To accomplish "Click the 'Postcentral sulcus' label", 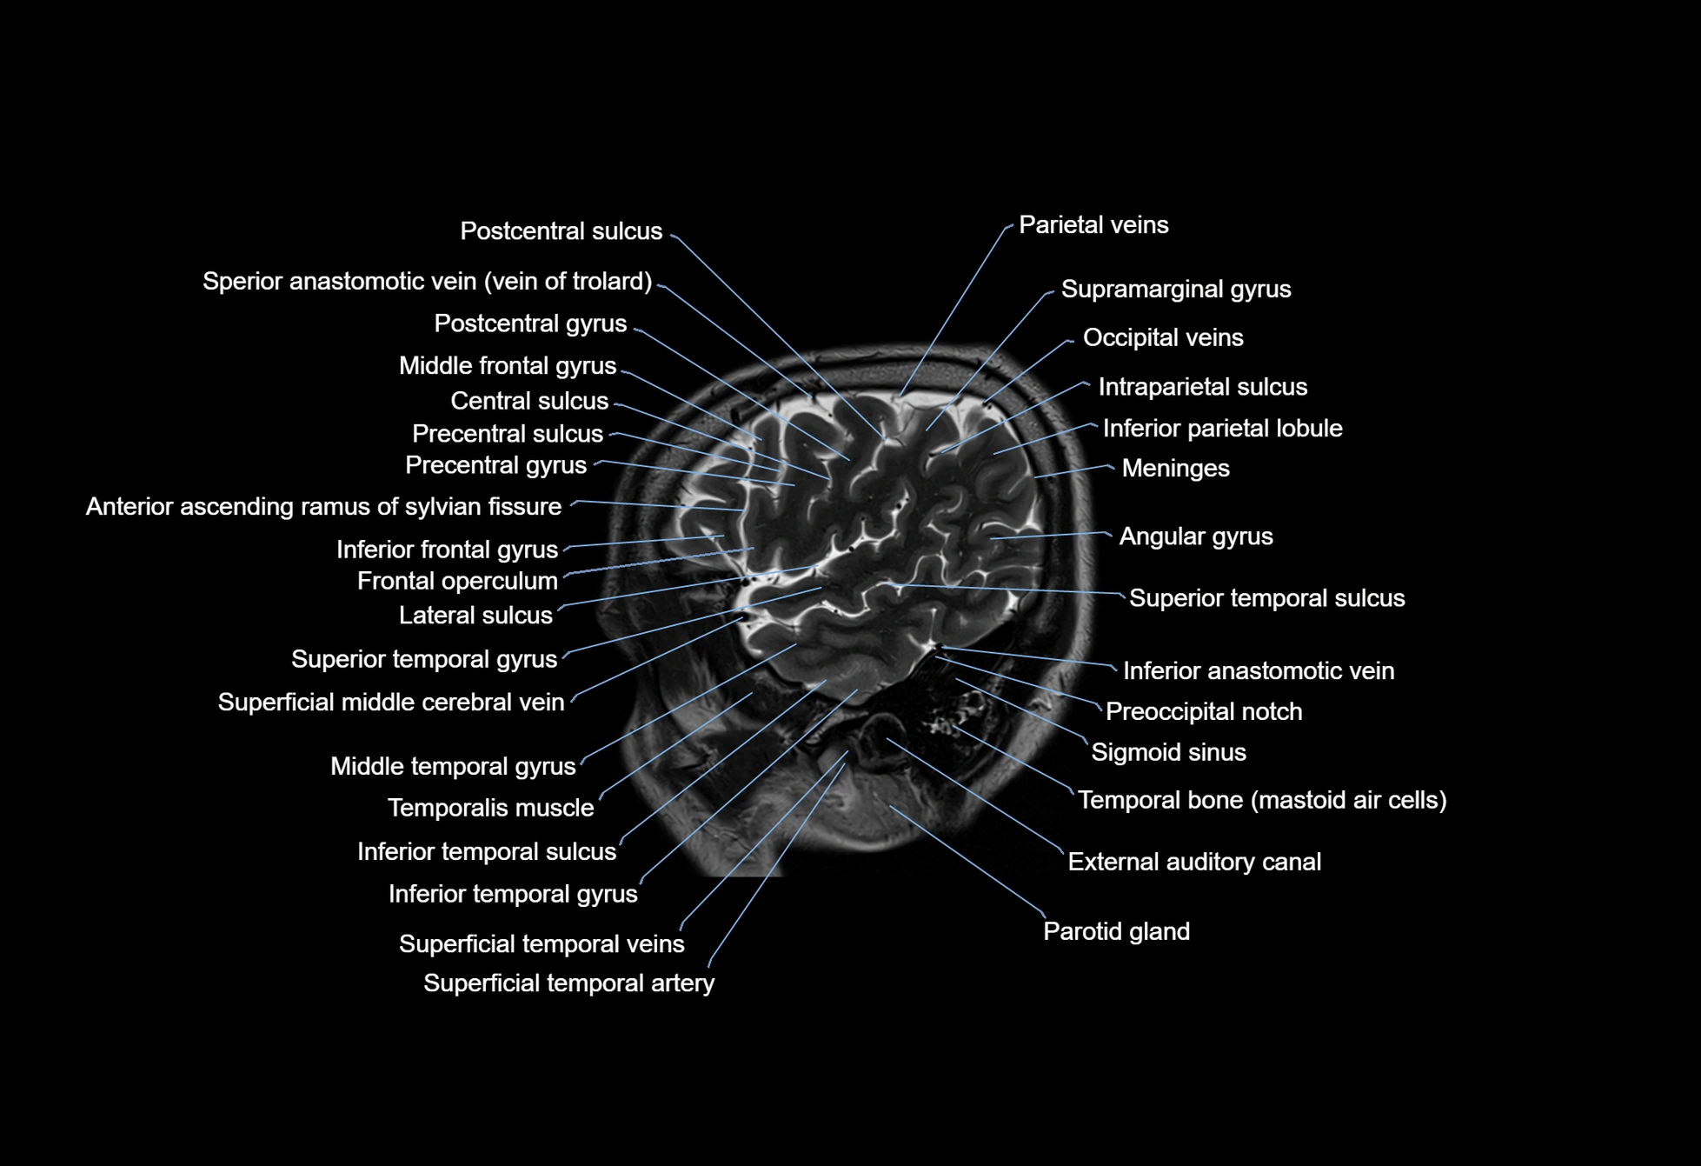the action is [x=561, y=231].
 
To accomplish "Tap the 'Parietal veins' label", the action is [x=1093, y=225].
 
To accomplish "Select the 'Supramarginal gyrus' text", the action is [x=1176, y=290].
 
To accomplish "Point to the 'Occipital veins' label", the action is [x=1163, y=337].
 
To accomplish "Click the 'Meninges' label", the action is [x=1175, y=469].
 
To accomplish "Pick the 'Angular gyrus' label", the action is [x=1196, y=536].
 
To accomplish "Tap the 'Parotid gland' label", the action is [x=1116, y=932].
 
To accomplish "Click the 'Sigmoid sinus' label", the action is [x=1168, y=753].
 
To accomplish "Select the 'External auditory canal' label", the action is [x=1194, y=863].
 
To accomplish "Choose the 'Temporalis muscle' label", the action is [x=491, y=809].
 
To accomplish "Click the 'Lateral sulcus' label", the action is [x=475, y=616].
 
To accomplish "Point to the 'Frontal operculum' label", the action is [x=457, y=582].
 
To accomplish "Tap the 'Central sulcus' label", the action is [x=529, y=401].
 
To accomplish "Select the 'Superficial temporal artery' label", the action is [x=568, y=983].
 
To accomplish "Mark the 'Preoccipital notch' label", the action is [x=1204, y=712].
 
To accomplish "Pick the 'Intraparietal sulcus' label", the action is [x=1203, y=388].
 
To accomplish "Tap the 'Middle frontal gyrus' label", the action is [x=508, y=366].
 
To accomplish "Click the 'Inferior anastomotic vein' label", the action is [x=1259, y=671].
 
